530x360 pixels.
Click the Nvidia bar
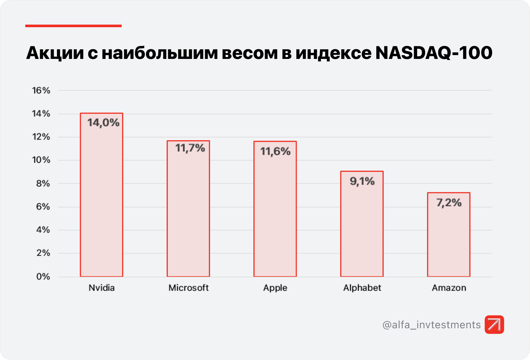coord(102,201)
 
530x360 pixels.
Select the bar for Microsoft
coord(188,214)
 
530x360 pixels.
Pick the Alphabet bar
coord(362,230)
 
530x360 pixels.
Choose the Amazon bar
coord(448,240)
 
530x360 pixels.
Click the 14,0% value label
coord(103,123)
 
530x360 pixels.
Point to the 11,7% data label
coord(190,148)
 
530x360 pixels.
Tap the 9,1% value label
coord(362,181)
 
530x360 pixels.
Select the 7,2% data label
coord(449,203)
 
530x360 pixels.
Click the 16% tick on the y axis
coord(41,90)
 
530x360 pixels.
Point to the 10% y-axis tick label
coord(41,160)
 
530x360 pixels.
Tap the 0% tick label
coord(43,276)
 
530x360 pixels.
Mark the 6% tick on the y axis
coord(43,207)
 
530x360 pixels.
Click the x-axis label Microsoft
coord(188,288)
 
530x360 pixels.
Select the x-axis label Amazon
coord(449,288)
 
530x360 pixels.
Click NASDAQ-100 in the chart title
coord(434,53)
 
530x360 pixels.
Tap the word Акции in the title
coord(55,53)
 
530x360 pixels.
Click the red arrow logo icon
coord(494,324)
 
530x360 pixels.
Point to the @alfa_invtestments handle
coord(431,325)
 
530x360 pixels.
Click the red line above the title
coord(73,26)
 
